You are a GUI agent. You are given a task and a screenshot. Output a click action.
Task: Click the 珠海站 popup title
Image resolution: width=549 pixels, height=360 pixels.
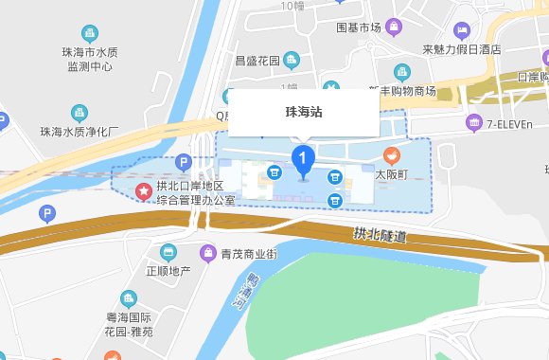304,112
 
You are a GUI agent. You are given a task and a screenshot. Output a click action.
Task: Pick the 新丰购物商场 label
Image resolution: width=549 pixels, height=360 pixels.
401,90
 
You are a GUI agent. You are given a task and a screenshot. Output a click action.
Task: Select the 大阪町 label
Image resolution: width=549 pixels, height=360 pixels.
389,175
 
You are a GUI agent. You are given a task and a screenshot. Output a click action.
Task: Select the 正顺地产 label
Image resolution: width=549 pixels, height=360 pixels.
168,271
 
